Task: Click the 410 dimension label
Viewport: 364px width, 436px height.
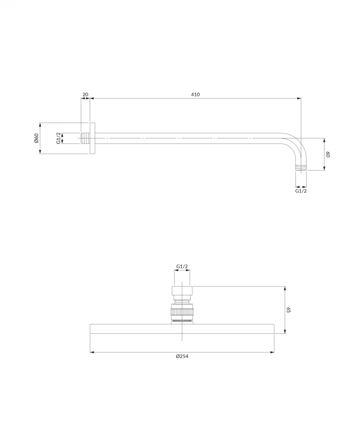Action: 195,95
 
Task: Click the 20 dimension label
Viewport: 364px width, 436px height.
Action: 85,95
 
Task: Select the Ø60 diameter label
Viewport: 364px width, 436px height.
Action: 37,138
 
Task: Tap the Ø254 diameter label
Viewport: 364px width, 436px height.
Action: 182,356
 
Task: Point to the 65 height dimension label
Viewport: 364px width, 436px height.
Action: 288,310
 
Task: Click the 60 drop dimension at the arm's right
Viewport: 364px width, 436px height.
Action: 328,155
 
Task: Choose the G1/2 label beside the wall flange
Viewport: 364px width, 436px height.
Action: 59,138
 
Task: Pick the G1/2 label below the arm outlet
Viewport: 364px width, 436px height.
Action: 301,191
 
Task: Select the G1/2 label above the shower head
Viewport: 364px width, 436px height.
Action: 182,267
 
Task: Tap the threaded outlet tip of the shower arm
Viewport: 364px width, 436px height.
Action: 301,167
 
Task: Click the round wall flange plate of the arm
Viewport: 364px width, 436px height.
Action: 92,138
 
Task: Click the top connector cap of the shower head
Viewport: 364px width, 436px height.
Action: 182,291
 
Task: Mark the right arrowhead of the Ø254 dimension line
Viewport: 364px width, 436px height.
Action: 272,352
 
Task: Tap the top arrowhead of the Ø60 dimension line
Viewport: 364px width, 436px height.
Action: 40,125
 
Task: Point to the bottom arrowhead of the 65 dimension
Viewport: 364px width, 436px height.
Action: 285,332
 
